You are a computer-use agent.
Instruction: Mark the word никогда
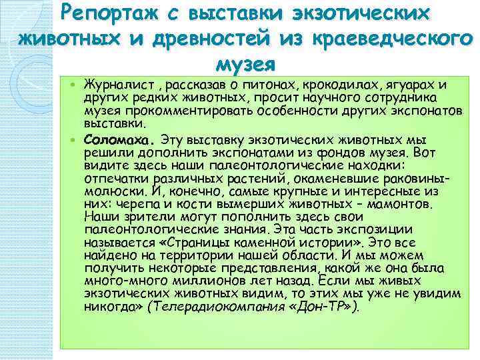tap(109, 306)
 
